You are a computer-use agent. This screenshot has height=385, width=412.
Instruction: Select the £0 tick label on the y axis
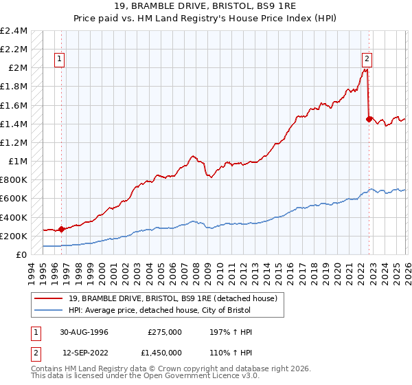click(21, 254)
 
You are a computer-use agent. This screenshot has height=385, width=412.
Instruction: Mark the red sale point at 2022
click(369, 119)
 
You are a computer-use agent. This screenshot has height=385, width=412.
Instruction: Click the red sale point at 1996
click(62, 229)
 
